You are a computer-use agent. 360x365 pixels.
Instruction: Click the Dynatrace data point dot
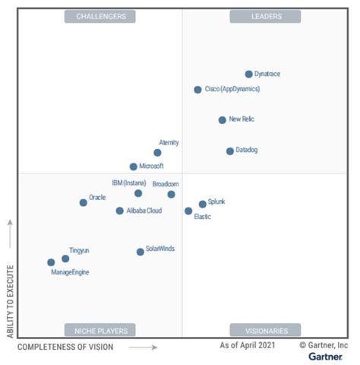[248, 74]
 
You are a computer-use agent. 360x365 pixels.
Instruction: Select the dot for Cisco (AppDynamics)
[197, 90]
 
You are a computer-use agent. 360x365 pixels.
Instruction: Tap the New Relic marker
[222, 120]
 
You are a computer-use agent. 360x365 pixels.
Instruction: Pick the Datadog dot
[229, 151]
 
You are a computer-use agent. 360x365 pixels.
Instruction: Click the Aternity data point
[157, 153]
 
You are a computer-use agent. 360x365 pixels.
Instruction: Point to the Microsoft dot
[133, 167]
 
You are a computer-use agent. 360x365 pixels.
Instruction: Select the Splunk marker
[202, 204]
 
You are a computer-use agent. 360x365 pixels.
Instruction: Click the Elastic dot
[188, 211]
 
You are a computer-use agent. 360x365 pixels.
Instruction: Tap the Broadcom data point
[171, 195]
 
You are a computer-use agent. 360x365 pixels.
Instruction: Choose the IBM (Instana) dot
[138, 193]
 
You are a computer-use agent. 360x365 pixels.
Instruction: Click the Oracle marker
[83, 202]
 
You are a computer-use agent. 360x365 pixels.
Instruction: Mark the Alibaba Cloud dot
[119, 211]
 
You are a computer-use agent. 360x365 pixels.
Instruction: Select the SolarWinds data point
[140, 252]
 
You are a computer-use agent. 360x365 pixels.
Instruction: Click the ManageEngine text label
[70, 271]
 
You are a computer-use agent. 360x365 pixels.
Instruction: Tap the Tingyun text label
[79, 250]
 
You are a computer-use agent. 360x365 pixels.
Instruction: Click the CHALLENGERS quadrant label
[100, 16]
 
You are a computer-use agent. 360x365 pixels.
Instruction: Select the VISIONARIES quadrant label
[265, 331]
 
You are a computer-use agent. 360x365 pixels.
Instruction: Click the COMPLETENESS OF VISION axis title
[65, 348]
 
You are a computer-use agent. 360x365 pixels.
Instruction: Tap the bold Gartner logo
[325, 357]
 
